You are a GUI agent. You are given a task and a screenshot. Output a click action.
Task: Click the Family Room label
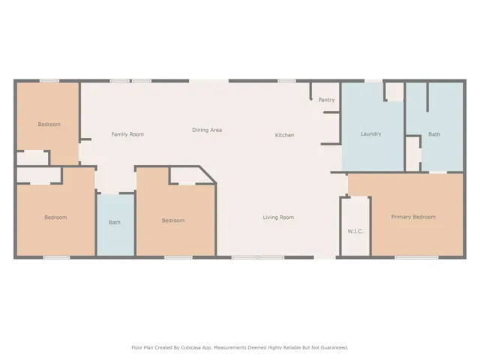pos(127,134)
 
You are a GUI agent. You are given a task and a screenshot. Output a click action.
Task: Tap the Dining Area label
pos(207,130)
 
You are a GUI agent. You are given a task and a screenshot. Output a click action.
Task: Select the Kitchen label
pos(284,135)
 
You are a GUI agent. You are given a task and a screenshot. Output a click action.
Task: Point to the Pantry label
pos(326,100)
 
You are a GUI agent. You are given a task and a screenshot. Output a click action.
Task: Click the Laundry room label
pos(370,134)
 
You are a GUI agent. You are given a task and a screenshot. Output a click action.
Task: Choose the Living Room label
pos(278,217)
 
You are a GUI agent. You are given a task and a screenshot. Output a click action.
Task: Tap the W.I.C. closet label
pos(355,231)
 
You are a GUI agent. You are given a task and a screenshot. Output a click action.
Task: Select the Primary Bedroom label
pos(413,217)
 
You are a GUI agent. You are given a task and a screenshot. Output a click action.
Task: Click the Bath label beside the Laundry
pos(434,134)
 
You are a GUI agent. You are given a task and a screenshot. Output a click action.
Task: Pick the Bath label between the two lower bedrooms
pos(115,222)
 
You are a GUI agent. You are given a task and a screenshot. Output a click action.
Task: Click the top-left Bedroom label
pos(49,124)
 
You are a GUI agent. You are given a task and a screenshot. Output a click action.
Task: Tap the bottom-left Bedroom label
pos(55,217)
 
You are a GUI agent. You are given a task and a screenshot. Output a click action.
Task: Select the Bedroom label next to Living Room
pos(173,220)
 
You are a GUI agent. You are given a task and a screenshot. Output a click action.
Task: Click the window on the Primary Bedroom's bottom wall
pos(416,257)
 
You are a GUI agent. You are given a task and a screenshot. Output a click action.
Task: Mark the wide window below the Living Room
pos(257,257)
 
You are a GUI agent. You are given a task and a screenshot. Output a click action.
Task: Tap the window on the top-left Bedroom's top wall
pos(49,81)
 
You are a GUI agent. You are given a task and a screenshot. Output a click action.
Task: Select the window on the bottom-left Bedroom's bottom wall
pos(56,257)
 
